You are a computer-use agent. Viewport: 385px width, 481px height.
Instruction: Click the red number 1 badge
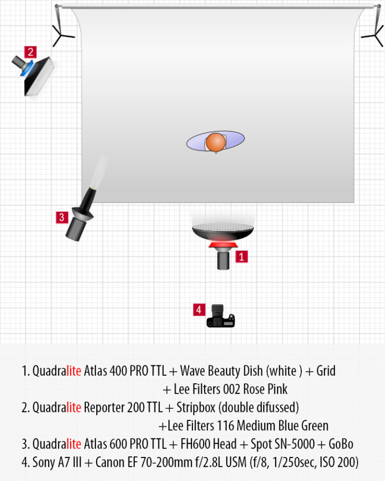pos(241,257)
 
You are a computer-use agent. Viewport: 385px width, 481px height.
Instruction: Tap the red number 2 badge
pos(31,52)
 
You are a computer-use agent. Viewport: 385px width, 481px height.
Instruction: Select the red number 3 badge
pos(62,217)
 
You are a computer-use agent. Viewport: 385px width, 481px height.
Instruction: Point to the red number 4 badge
pos(199,310)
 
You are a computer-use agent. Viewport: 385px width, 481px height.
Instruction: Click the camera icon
pos(221,316)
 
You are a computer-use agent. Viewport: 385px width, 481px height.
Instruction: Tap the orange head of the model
pos(216,142)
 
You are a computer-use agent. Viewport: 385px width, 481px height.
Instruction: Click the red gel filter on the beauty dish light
pos(223,245)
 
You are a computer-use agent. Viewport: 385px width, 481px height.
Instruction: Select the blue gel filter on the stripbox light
pos(27,68)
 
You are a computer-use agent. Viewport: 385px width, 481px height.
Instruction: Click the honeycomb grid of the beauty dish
pos(223,227)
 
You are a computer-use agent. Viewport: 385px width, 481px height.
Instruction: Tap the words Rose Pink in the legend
pos(265,389)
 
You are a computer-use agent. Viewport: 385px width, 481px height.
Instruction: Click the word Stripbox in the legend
pos(196,407)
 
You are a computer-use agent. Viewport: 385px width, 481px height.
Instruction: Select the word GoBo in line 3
pos(341,444)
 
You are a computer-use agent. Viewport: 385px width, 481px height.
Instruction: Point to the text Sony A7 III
pos(57,462)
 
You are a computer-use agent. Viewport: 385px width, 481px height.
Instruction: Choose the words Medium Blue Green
pos(282,425)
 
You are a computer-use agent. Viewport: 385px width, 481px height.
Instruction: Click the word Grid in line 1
pos(326,371)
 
